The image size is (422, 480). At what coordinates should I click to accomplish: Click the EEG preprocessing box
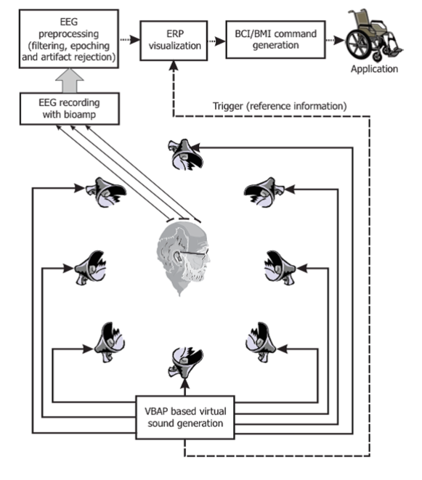(69, 39)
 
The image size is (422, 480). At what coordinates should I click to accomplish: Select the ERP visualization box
(174, 41)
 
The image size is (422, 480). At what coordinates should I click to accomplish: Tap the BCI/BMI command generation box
(275, 39)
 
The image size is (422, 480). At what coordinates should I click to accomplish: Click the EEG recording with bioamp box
(70, 109)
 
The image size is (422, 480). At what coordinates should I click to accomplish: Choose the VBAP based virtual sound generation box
(185, 418)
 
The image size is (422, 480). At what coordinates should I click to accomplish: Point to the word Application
(374, 69)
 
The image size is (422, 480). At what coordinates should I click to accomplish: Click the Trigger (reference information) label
(280, 106)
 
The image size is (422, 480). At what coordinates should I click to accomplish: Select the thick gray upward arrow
(70, 81)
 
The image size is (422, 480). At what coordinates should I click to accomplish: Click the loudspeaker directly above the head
(185, 155)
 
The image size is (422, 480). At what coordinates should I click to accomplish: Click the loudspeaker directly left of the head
(90, 268)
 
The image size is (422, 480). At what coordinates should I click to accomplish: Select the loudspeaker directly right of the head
(280, 268)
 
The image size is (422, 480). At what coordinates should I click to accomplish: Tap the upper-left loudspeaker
(106, 192)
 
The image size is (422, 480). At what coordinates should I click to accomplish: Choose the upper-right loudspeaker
(264, 192)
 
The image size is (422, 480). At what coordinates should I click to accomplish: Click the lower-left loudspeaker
(110, 342)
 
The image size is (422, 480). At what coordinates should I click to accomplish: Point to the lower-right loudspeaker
(261, 342)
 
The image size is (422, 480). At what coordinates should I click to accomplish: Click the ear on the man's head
(177, 256)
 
